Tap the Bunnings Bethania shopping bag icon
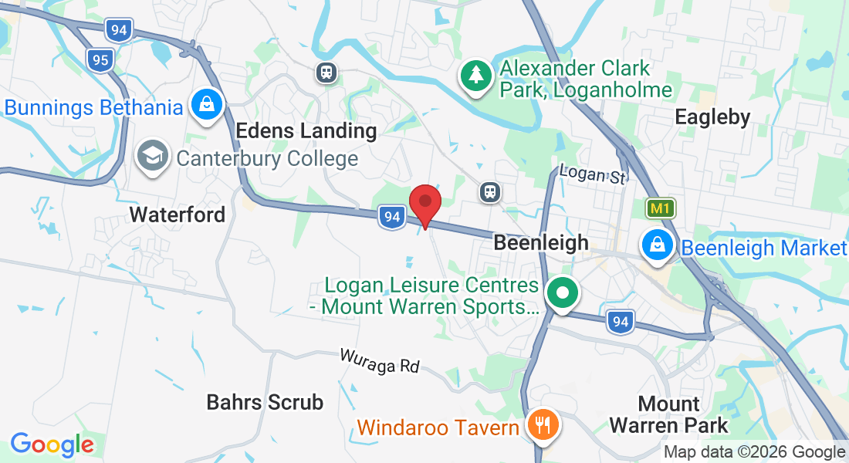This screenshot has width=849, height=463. tap(207, 105)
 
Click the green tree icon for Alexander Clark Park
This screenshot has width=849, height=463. tap(477, 76)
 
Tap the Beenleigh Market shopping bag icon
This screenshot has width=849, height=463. tap(657, 245)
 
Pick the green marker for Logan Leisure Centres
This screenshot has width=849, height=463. tap(563, 294)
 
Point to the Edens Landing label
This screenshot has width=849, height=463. tap(306, 130)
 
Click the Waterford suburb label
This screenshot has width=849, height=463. tap(178, 214)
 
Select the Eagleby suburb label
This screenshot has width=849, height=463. tap(712, 117)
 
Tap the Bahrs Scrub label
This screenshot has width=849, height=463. tap(265, 402)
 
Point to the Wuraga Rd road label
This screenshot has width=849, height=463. tap(380, 360)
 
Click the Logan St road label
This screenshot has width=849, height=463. tap(591, 174)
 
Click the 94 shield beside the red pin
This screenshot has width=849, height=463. tap(392, 218)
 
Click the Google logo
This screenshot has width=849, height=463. tap(52, 444)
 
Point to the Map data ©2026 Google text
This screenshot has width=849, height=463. tap(754, 452)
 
